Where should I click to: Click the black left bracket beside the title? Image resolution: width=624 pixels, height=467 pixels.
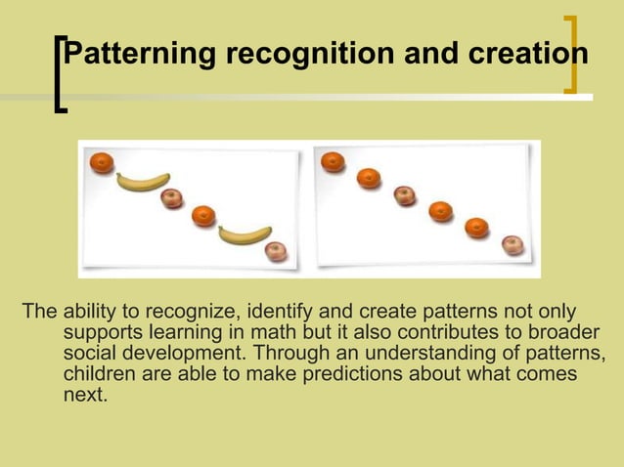tap(61, 75)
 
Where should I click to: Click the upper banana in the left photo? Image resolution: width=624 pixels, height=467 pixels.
tap(143, 181)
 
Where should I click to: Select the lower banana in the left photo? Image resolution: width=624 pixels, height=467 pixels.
tap(245, 234)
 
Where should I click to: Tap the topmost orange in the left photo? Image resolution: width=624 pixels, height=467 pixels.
tap(102, 163)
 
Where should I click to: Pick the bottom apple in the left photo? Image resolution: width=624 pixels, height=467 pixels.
tap(277, 252)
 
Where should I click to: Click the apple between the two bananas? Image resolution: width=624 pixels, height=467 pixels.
tap(172, 198)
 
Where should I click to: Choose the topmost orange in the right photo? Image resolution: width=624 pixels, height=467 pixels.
tap(333, 160)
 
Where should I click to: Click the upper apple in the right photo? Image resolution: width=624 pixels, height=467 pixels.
tap(405, 194)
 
